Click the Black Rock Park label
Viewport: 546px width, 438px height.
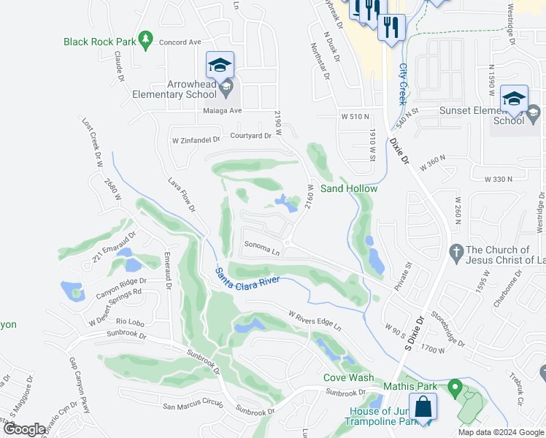tap(99, 42)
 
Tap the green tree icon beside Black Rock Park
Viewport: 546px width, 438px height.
tap(145, 39)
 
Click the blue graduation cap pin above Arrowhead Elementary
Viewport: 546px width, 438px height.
tap(220, 66)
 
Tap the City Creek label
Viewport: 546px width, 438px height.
tap(402, 83)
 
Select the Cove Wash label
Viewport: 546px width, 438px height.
tap(349, 378)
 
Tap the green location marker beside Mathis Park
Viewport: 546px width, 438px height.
tap(455, 387)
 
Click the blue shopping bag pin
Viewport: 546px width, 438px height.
tap(423, 408)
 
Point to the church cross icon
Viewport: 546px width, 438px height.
tap(455, 250)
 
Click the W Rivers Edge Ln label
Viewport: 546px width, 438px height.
tap(315, 320)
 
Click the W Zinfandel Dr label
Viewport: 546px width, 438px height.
tap(196, 139)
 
